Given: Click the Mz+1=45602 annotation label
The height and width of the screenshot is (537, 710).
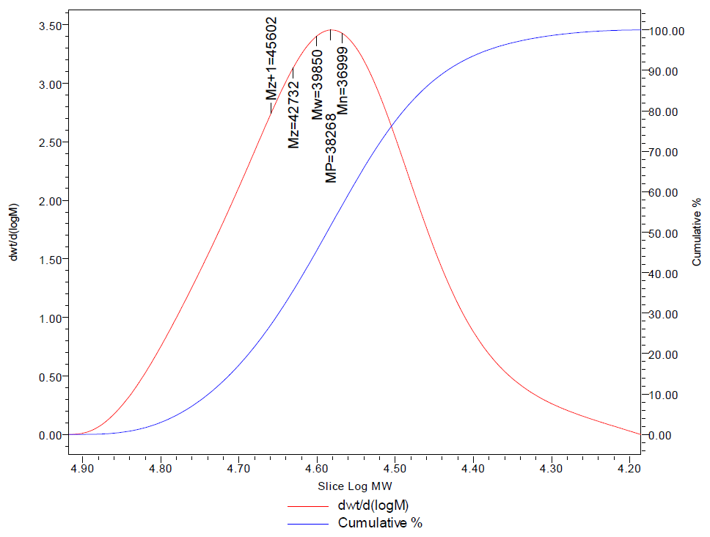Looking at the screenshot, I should [271, 59].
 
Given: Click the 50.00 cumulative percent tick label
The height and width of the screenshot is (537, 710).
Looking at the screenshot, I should [670, 233].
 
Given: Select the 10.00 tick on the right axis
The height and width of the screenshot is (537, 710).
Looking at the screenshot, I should [670, 395].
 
